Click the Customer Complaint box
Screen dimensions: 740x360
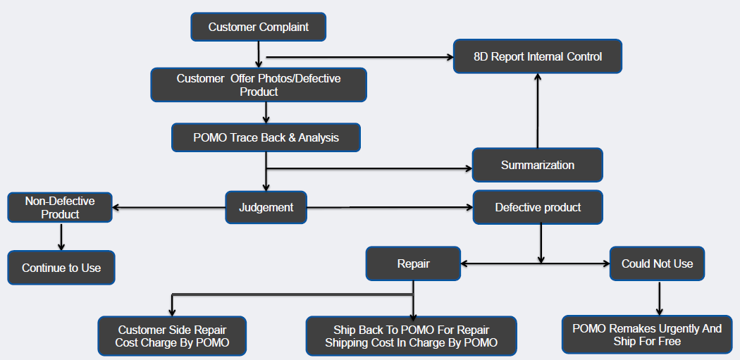(258, 27)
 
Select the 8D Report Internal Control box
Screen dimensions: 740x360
(538, 56)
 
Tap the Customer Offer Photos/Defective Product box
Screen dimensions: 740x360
(259, 85)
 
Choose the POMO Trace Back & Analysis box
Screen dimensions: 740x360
(266, 138)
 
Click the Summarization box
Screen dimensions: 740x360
(538, 165)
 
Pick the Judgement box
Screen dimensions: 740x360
(266, 207)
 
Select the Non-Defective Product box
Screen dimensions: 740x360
(60, 207)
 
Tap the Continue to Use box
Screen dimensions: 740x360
(61, 268)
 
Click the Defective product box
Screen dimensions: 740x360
(538, 207)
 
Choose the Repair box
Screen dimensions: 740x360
(413, 263)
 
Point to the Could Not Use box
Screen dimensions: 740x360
(657, 263)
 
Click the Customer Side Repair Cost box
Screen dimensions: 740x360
(172, 336)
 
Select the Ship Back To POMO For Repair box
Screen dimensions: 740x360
(411, 336)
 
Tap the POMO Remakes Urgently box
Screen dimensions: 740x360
(647, 335)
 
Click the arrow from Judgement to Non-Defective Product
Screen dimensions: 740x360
(169, 207)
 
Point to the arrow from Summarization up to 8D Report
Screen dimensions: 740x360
(538, 111)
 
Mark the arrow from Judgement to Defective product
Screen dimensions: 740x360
(390, 207)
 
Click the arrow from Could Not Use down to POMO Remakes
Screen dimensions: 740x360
(659, 298)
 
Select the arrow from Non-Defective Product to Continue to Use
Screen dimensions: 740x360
(61, 237)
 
